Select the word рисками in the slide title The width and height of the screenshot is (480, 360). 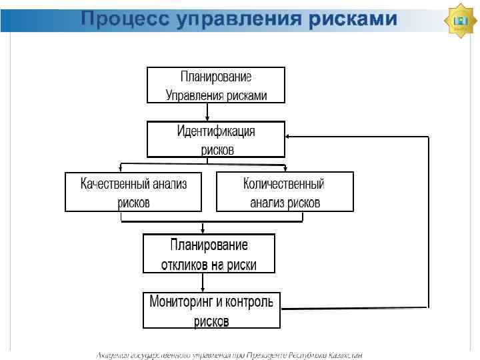click(x=353, y=19)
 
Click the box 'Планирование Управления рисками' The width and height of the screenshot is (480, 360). click(x=216, y=85)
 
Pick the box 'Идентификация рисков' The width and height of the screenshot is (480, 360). click(x=216, y=139)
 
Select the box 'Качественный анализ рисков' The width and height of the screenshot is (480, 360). click(x=133, y=192)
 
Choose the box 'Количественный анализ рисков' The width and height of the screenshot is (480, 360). click(x=285, y=192)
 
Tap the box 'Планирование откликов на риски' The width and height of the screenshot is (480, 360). click(x=209, y=254)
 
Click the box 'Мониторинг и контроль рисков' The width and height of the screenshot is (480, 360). click(x=211, y=311)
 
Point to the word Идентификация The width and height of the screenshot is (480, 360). click(x=216, y=131)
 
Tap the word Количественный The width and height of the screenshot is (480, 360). click(x=284, y=183)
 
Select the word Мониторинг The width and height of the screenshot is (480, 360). click(x=182, y=301)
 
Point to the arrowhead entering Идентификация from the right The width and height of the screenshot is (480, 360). click(x=288, y=137)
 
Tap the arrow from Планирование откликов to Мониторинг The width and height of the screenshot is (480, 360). click(x=209, y=283)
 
